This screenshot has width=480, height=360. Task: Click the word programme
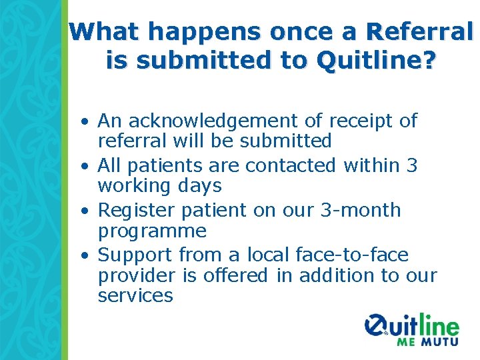coord(152,232)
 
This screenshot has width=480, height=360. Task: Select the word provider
coord(137,275)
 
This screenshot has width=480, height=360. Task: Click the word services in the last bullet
coord(135,296)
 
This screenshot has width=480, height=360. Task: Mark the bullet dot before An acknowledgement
coord(87,123)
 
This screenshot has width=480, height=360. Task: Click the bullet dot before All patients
coord(87,167)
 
